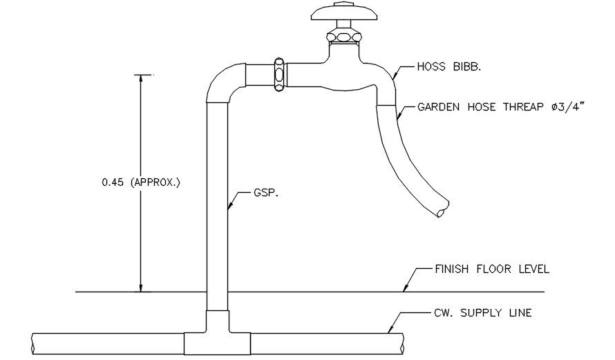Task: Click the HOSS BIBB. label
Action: coord(449,66)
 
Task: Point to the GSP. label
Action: coord(266,193)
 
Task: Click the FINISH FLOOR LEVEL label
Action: coord(492,269)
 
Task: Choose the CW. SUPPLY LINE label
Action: coord(483,313)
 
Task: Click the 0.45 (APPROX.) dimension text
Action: coord(141,182)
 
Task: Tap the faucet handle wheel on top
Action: coord(344,12)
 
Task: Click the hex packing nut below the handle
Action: coord(344,37)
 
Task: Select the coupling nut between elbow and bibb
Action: coord(279,75)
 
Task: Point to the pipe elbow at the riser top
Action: coord(227,82)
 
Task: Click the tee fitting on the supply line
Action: coord(217,332)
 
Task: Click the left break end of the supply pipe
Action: coord(33,344)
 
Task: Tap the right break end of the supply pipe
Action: coord(403,344)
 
